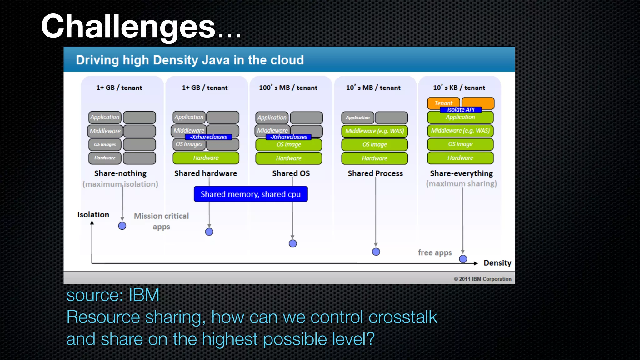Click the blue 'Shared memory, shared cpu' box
tap(251, 194)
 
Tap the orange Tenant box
tap(443, 102)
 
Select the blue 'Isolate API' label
tap(461, 110)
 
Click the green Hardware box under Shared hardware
tap(206, 158)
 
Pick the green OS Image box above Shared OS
tap(289, 145)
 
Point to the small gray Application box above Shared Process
tap(357, 117)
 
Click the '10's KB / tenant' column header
tap(459, 87)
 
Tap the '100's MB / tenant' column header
tap(288, 87)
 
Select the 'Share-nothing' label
tap(120, 173)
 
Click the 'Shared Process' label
tap(375, 173)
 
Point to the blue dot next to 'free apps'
tap(463, 259)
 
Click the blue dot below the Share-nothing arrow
tap(122, 226)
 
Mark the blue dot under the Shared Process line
tap(376, 252)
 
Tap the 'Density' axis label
tap(497, 263)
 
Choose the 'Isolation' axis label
tap(93, 215)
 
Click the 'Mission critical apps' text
tap(161, 221)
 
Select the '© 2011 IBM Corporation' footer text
tap(482, 279)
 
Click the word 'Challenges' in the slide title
tap(128, 27)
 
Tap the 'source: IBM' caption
tap(113, 295)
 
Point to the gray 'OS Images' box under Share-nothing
tap(105, 144)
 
